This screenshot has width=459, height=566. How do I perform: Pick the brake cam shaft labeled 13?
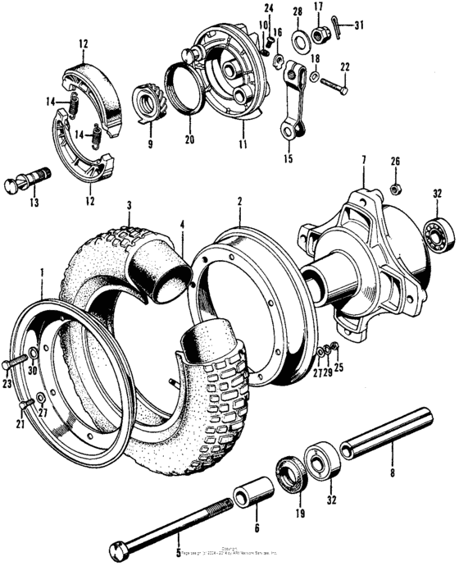point(32,178)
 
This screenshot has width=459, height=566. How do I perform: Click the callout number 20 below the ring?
point(190,140)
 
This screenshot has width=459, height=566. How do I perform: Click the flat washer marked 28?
point(297,36)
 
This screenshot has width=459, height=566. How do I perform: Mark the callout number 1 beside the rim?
point(42,269)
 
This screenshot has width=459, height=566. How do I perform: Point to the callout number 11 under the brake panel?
point(243,145)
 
